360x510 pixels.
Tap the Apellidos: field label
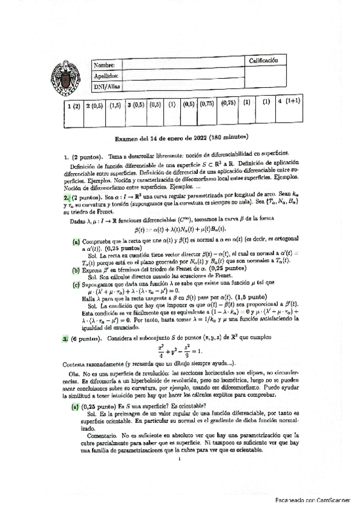click(108, 76)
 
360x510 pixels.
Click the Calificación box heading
click(263, 61)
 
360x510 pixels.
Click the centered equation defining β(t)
click(180, 212)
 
